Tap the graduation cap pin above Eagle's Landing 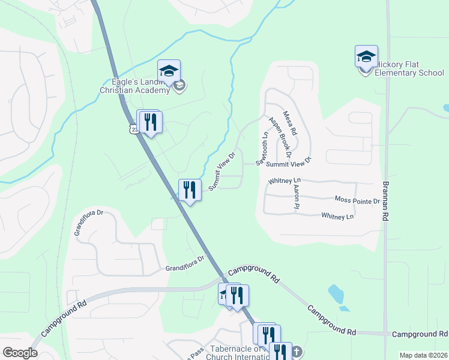(x=169, y=71)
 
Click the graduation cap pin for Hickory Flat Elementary (x=366, y=57)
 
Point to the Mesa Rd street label (x=291, y=122)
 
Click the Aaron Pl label (x=296, y=197)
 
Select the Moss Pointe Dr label (x=357, y=200)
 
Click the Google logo (x=20, y=353)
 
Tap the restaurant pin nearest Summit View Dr (x=190, y=190)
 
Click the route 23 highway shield (x=131, y=128)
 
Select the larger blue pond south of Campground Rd (x=336, y=293)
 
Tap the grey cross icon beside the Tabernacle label (x=295, y=352)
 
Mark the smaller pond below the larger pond (x=344, y=309)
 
